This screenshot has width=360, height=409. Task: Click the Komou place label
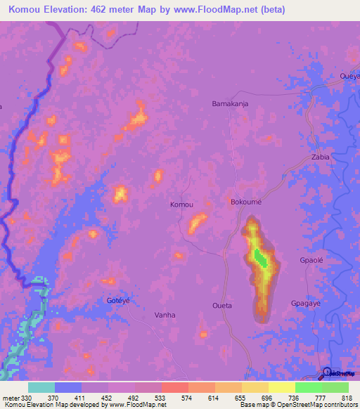point(181,204)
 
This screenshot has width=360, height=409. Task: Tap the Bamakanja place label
point(230,103)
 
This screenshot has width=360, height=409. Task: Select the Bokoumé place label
point(246,202)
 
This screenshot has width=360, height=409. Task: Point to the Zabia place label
point(320,157)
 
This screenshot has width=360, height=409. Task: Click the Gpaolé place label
point(311,260)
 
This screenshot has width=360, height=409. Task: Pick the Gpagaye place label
point(306,303)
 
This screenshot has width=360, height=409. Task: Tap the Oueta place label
point(221,306)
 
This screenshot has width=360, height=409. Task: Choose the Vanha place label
point(165,315)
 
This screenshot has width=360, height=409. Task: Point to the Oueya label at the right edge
point(349,76)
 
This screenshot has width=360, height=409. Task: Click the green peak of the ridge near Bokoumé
point(261,259)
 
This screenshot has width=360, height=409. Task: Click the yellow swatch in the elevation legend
point(281,387)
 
